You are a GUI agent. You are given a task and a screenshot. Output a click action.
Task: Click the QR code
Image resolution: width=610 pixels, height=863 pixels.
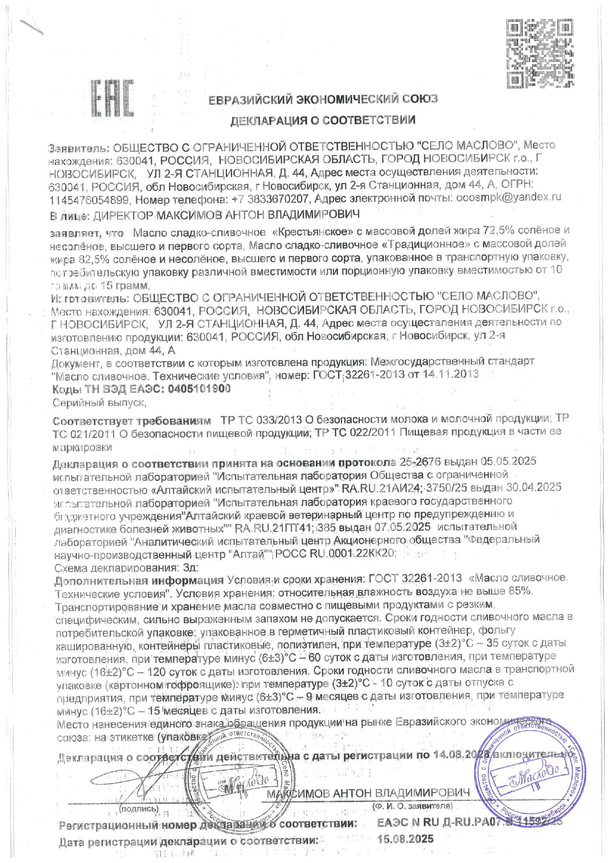point(540,53)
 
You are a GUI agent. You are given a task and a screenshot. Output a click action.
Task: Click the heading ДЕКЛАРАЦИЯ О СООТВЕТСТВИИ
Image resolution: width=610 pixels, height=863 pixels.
point(323,120)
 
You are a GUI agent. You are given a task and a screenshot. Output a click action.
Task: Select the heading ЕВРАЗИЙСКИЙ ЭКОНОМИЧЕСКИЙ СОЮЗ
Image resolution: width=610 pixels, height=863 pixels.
point(323,99)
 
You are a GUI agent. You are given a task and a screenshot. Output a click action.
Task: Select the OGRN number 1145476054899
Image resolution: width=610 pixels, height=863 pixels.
point(89,200)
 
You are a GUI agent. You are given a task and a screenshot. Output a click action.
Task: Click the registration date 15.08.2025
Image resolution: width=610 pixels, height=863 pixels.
point(405,839)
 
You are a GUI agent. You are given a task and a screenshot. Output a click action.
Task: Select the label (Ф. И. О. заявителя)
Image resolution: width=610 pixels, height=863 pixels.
point(412,807)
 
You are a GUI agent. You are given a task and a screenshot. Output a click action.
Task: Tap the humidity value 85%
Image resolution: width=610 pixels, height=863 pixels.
point(520,591)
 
